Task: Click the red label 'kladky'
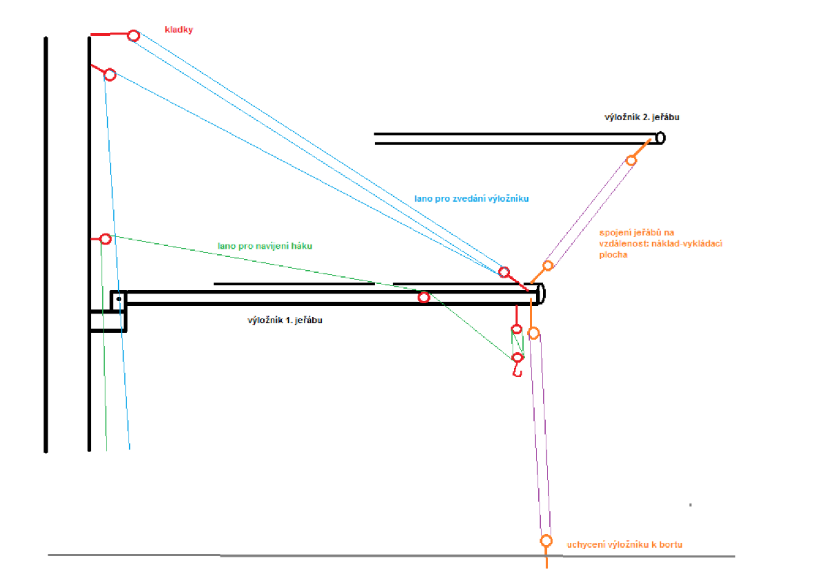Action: tap(179, 30)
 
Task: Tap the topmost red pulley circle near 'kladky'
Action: tap(133, 35)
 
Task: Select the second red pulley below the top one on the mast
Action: tap(109, 75)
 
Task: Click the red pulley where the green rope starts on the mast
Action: tap(105, 239)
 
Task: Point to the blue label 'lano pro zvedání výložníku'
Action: tap(471, 199)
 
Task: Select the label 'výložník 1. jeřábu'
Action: tap(285, 320)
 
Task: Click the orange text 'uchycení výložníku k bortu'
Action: tap(625, 545)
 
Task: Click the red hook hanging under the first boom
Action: tap(515, 371)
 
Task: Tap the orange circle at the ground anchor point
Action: tap(546, 540)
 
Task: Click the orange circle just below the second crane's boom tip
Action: tap(631, 160)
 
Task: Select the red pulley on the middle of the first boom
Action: tap(423, 298)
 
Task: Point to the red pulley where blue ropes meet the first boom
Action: tap(504, 272)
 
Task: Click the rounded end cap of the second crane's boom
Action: tap(660, 138)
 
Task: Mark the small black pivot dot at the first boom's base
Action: tap(119, 298)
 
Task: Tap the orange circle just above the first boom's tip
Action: tap(548, 265)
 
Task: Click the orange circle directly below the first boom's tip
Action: tap(533, 333)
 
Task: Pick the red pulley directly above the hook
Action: tap(516, 329)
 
